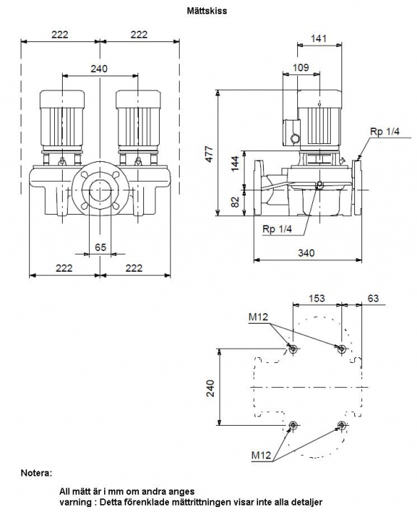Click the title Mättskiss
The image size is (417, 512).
coord(207,11)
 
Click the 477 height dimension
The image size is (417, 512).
coord(209,154)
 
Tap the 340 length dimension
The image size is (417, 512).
coord(307,252)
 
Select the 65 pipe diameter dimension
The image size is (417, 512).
coord(101,247)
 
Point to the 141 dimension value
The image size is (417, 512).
coord(319,39)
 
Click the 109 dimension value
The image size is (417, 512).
coord(301,68)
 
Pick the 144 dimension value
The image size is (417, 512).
coord(235,163)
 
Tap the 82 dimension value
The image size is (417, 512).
coord(235,202)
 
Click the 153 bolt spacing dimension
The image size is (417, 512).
coord(316,298)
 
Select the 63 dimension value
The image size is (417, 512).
coord(373,298)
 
